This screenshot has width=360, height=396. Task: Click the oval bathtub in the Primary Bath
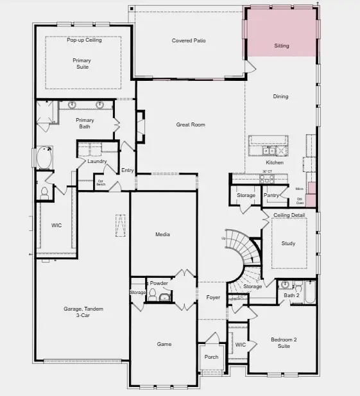tap(46, 158)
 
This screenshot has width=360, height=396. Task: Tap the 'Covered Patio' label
tap(189, 41)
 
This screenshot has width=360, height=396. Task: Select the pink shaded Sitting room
tap(281, 32)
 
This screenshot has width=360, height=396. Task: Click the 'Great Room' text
tap(191, 125)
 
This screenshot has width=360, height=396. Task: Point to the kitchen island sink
tap(270, 151)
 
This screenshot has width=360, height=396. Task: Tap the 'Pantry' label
tap(271, 195)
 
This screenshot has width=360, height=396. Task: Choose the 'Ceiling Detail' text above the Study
tap(289, 215)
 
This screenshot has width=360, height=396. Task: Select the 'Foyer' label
tap(213, 297)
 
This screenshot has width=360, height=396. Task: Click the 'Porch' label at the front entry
tap(211, 357)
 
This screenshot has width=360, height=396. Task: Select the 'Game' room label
tap(164, 344)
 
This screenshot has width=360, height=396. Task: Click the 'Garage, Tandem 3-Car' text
tap(83, 313)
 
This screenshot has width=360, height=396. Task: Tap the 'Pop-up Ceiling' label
tap(85, 40)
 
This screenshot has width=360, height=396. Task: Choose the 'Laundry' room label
tap(97, 161)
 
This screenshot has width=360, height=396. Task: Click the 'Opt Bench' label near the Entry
tap(101, 182)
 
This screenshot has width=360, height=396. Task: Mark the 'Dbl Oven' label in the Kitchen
tap(300, 202)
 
